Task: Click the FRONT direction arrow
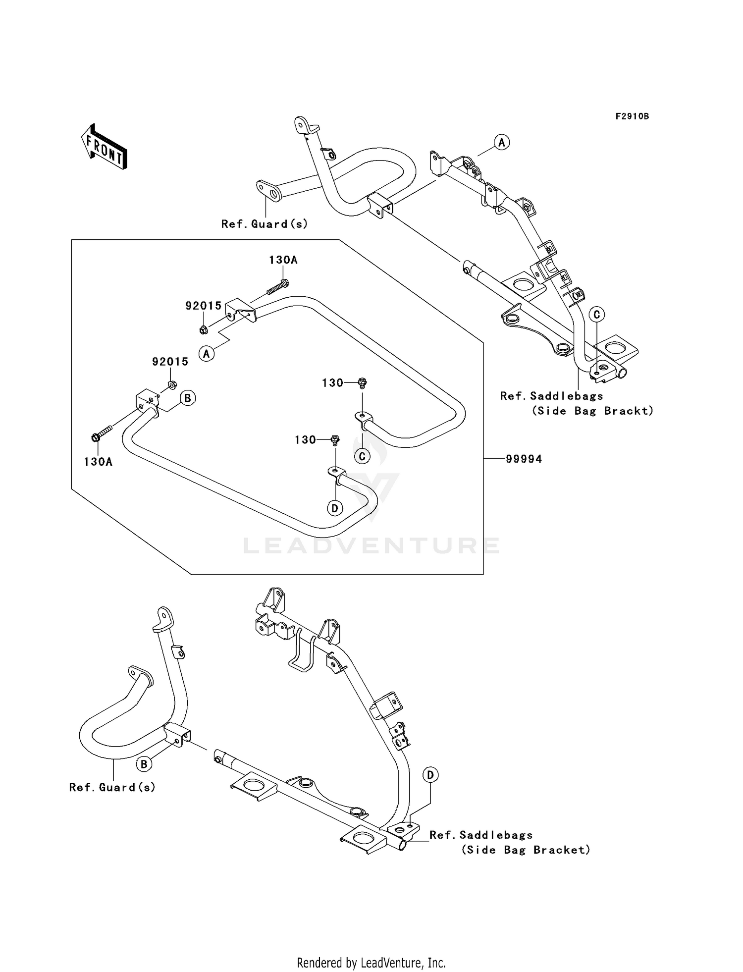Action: (x=105, y=148)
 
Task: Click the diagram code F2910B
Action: (x=632, y=116)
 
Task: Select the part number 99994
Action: (x=524, y=459)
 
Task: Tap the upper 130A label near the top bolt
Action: (x=283, y=260)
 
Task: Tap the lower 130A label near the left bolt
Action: (x=98, y=462)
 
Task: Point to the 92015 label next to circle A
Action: (x=203, y=306)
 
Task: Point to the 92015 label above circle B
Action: (x=170, y=362)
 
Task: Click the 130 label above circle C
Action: (x=332, y=383)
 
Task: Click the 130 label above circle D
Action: (x=305, y=440)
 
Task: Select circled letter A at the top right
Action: (x=502, y=143)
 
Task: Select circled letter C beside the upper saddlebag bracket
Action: (x=596, y=315)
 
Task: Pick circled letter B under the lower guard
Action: (x=144, y=764)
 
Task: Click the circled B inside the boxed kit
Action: (x=188, y=398)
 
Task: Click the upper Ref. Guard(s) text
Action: (x=265, y=224)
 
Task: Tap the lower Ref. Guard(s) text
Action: (x=112, y=787)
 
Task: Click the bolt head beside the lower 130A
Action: (x=95, y=437)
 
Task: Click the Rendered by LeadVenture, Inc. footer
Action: (x=371, y=963)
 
